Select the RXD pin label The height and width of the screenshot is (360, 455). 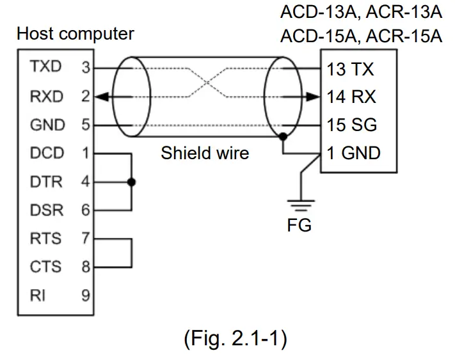click(45, 97)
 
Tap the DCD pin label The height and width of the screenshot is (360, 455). click(45, 153)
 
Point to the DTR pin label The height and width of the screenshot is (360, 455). click(45, 182)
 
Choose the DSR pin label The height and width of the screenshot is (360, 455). click(45, 210)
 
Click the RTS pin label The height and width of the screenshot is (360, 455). click(45, 239)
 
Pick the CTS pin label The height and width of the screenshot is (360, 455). click(45, 267)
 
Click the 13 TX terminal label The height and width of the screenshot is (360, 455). click(351, 68)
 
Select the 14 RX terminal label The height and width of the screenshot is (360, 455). click(351, 97)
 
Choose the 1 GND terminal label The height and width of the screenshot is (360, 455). click(353, 153)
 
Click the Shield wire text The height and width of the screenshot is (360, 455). click(204, 153)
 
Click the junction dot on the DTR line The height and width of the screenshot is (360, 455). click(131, 182)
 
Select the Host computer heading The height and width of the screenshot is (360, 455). click(76, 34)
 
